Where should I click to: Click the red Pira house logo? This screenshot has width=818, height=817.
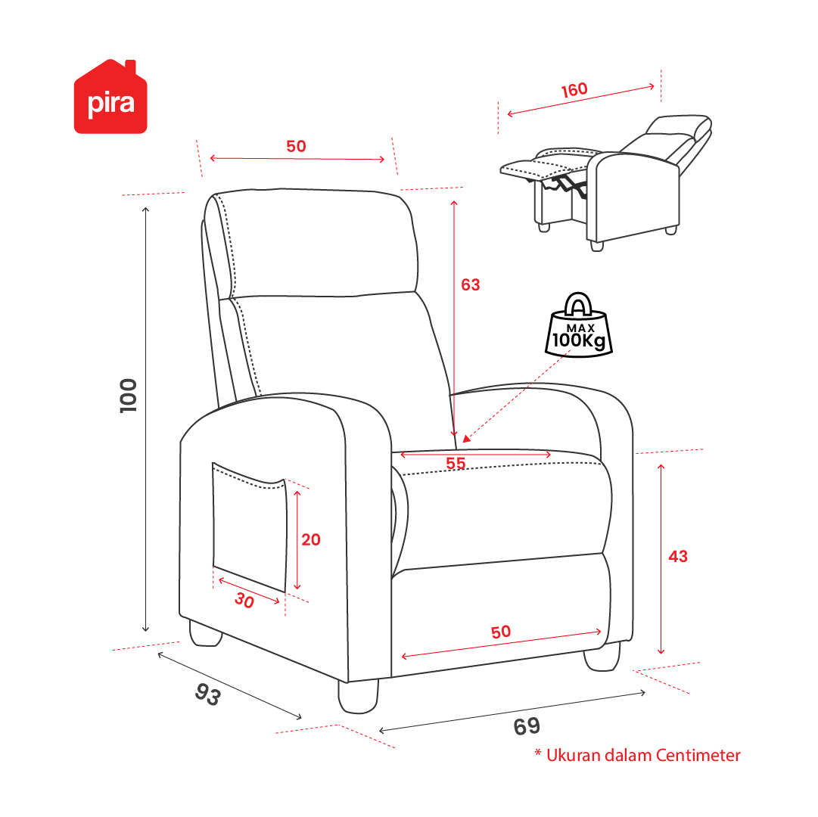(110, 97)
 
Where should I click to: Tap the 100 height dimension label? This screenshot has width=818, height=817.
(129, 396)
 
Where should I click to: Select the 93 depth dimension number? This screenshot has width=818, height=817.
(208, 694)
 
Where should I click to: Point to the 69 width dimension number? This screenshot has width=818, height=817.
(527, 726)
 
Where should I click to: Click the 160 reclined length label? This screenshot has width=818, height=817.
(574, 90)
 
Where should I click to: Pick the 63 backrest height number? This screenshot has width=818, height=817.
(471, 284)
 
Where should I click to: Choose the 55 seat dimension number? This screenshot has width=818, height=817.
(456, 463)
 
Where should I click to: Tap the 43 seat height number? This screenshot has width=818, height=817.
(678, 556)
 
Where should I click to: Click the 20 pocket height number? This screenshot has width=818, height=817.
(311, 539)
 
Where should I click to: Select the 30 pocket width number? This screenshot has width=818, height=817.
(244, 600)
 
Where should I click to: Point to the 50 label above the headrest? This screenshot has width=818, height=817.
(297, 146)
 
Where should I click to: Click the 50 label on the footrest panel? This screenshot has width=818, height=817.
(501, 632)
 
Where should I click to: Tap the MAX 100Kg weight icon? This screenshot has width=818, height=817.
(579, 325)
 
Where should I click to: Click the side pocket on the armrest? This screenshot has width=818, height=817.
(250, 527)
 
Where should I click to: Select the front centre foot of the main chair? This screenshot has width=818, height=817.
(359, 696)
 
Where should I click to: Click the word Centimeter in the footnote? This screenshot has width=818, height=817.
(698, 755)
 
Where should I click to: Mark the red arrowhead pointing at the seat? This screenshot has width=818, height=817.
(467, 439)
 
